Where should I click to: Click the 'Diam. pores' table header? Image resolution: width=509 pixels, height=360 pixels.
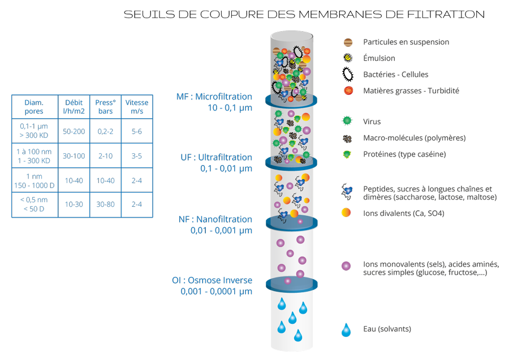coord(34,107)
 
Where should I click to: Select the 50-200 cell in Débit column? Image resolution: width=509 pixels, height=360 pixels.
coord(74,131)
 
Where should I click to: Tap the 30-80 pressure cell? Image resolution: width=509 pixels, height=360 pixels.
coord(105,205)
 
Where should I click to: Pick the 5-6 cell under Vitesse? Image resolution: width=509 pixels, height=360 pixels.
coord(136,131)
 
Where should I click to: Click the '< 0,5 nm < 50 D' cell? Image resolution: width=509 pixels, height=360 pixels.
coord(34,205)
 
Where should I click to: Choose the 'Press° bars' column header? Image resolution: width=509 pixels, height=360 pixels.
coord(105,107)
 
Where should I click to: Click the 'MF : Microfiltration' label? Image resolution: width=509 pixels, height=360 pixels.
coord(214,97)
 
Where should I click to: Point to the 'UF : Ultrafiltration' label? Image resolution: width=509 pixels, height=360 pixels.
coord(216,157)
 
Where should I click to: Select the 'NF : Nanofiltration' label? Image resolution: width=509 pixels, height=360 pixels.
coord(215,219)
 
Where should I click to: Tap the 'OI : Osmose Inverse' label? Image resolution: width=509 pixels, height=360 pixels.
coord(212,280)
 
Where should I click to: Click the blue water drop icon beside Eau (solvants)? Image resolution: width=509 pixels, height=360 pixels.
coord(346,330)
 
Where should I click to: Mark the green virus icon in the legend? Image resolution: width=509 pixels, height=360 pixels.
coord(347,122)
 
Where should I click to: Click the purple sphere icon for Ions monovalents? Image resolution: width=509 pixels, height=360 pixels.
coord(346,266)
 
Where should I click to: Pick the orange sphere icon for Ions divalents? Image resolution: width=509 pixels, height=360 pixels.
coord(346,213)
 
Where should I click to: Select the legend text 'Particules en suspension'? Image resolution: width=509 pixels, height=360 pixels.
coord(406,42)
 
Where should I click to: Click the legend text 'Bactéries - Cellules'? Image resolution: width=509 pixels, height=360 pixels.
coord(395,75)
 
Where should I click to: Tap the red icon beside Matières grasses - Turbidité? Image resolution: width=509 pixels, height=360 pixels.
coord(348,90)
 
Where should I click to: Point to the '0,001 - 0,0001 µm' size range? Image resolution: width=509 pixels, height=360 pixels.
coord(216,292)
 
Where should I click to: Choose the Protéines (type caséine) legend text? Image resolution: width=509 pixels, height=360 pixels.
coord(404,154)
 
